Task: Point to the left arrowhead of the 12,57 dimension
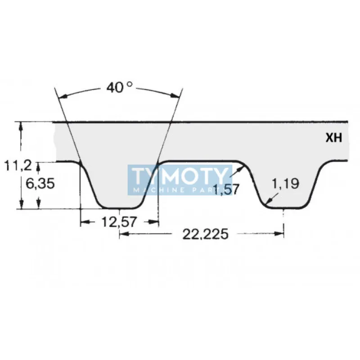click(x=83, y=222)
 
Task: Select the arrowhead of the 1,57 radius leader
click(x=243, y=167)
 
